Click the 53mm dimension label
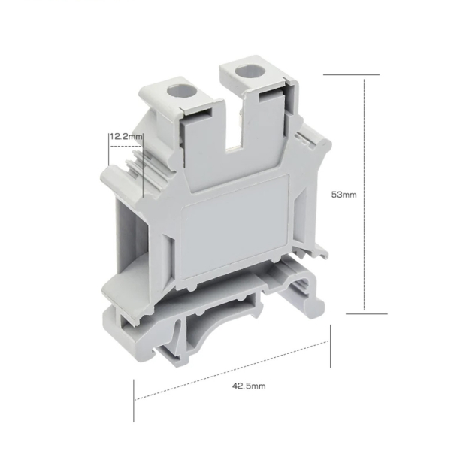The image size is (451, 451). [344, 195]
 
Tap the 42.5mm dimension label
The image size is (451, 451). [249, 386]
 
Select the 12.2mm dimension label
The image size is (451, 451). [126, 136]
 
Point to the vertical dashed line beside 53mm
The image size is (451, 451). [364, 194]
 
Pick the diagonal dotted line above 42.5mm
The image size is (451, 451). [232, 371]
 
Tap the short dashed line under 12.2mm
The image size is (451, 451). [126, 146]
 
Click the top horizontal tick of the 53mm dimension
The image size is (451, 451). [351, 74]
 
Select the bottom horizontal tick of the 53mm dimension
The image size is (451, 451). [367, 313]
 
